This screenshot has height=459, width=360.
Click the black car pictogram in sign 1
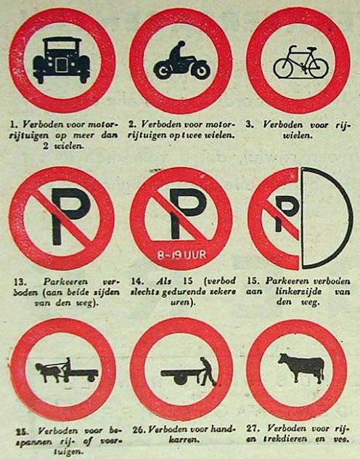(61, 60)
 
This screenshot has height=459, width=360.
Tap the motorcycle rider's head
(181, 44)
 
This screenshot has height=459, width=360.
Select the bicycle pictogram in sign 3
(300, 62)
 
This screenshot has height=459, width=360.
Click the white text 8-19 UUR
(181, 255)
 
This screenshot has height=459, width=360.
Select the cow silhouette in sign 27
(302, 367)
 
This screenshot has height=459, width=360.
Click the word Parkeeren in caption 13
(65, 281)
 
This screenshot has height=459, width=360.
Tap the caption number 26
(139, 429)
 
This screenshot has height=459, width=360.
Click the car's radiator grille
(61, 65)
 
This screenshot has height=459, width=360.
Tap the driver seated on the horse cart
(67, 365)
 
